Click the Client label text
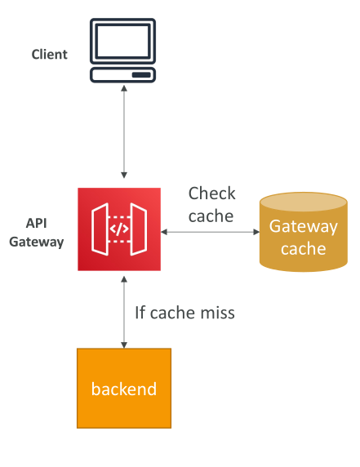click(x=50, y=55)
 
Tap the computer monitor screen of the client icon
click(x=122, y=41)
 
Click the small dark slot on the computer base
click(x=141, y=75)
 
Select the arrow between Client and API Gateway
click(x=124, y=131)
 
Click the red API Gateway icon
click(x=119, y=229)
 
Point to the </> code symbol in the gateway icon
click(x=119, y=229)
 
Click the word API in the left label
click(x=37, y=223)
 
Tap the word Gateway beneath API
click(x=37, y=242)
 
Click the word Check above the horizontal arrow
click(x=211, y=193)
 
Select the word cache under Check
click(x=211, y=216)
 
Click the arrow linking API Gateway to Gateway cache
click(x=211, y=232)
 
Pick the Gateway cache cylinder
click(x=304, y=232)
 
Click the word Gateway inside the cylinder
click(x=304, y=227)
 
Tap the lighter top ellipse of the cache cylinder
click(x=304, y=202)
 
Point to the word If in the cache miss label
click(x=140, y=313)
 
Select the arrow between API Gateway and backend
click(x=124, y=312)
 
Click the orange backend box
click(x=124, y=389)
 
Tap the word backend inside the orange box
click(x=124, y=389)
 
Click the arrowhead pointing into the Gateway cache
click(x=256, y=232)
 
